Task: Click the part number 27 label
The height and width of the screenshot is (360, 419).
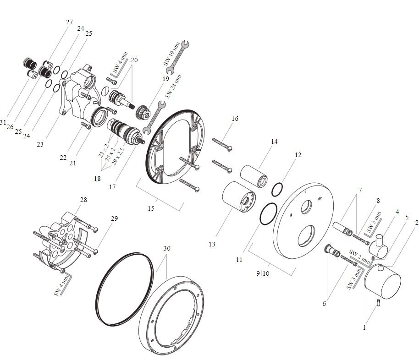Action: pos(69,22)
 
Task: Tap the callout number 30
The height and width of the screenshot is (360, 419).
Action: pos(166,248)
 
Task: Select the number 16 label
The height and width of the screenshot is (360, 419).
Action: pos(235,119)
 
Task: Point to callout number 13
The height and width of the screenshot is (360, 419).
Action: pos(212,244)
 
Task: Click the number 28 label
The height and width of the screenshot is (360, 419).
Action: pos(83,200)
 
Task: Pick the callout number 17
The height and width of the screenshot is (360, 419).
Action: pos(113,187)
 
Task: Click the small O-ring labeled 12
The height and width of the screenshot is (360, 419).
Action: pos(276,189)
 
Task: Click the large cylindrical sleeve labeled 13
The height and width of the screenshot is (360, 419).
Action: pos(237,197)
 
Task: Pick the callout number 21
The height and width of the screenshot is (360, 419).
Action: pos(72,163)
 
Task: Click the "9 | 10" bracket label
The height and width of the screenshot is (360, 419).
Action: pos(263,273)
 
